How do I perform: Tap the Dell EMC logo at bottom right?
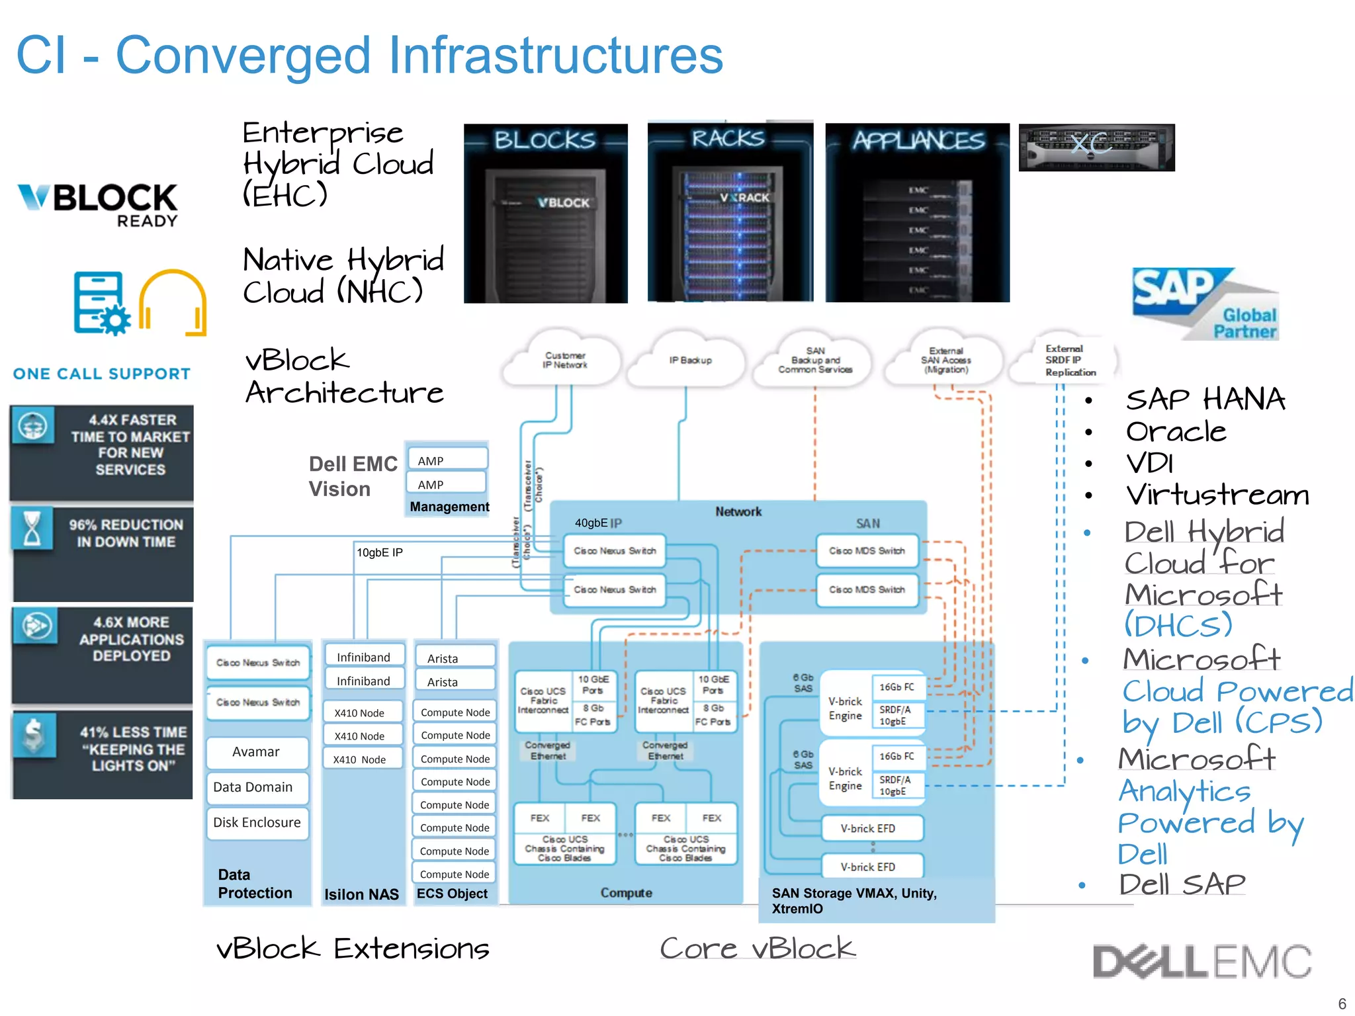(x=1202, y=962)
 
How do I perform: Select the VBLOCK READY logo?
(x=98, y=205)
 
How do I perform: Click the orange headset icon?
(x=173, y=303)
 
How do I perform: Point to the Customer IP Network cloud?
(x=564, y=360)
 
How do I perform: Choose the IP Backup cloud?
(x=689, y=360)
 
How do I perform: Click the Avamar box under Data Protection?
(x=257, y=752)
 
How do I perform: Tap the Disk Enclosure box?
(x=257, y=822)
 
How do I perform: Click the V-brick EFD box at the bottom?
(x=867, y=867)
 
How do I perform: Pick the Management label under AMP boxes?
(x=449, y=507)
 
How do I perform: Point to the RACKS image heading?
(x=728, y=138)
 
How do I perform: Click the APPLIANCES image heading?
(x=918, y=140)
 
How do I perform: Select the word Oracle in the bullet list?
(x=1176, y=432)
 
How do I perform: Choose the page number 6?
(x=1342, y=1003)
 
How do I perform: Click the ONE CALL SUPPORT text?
(x=102, y=374)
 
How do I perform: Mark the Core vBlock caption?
(x=758, y=949)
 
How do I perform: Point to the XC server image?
(x=1096, y=148)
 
